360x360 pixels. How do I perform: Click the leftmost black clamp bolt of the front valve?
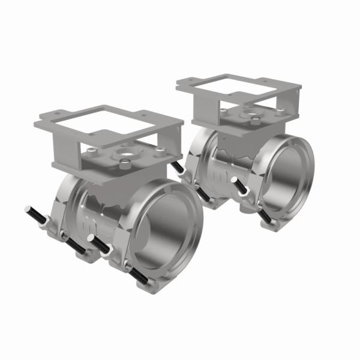pos(36,216)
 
